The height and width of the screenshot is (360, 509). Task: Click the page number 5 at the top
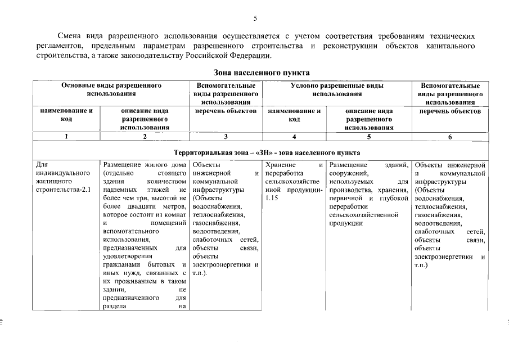pyautogui.click(x=255, y=19)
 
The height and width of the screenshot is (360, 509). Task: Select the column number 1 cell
pyautogui.click(x=66, y=136)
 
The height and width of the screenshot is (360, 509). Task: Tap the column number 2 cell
pyautogui.click(x=145, y=136)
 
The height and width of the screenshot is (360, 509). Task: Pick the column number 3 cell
pyautogui.click(x=226, y=136)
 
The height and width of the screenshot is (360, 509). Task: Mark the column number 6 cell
pyautogui.click(x=450, y=136)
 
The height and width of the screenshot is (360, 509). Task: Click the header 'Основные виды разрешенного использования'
pyautogui.click(x=111, y=90)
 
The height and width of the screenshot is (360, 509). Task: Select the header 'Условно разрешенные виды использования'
pyautogui.click(x=337, y=90)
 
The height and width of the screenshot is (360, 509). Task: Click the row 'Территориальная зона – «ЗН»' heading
pyautogui.click(x=267, y=152)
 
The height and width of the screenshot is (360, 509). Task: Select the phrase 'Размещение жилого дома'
pyautogui.click(x=145, y=165)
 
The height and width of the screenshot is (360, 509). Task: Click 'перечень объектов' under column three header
pyautogui.click(x=226, y=111)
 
